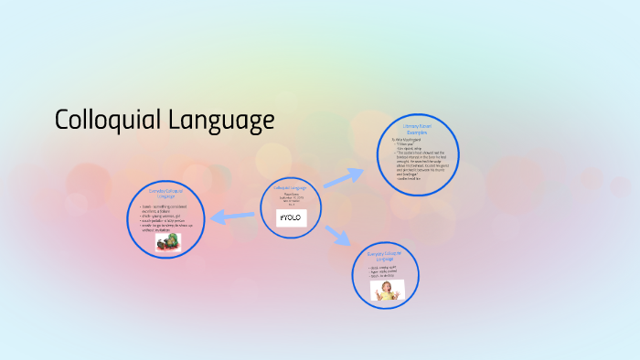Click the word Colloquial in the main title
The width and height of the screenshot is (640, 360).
coord(107,120)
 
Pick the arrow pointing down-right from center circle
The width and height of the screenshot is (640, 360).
coord(339,236)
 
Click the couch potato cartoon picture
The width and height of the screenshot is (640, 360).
coord(166,242)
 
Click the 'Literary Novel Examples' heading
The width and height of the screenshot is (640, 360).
coord(417,129)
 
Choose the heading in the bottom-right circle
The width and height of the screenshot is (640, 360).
coord(385,256)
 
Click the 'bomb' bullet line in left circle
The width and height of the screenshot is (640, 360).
coord(165,207)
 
